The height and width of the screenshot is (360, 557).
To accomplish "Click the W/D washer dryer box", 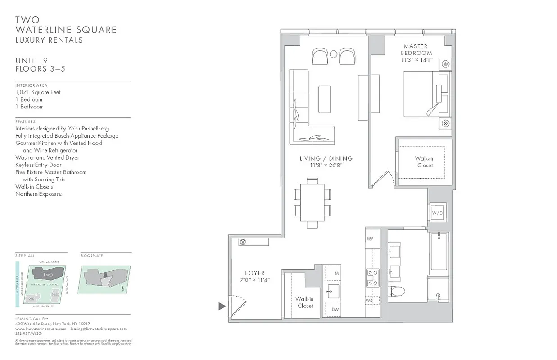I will tap(437, 212).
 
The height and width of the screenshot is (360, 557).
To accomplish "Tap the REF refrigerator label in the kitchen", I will tap(370, 239).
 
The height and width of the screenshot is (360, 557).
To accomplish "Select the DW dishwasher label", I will tap(335, 309).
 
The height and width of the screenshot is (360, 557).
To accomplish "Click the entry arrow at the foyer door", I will tap(222, 306).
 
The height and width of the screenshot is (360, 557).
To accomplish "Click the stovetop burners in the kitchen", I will tap(372, 277).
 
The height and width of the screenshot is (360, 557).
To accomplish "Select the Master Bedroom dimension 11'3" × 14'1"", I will tap(417, 60).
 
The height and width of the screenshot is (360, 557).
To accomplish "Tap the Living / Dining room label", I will tap(326, 158).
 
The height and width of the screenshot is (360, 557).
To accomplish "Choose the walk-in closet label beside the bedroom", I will tap(424, 162).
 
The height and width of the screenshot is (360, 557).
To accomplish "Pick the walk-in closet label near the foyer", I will tap(304, 302).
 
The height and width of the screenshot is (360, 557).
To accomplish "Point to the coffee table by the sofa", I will tap(324, 99).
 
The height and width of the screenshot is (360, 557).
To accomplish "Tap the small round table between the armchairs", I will tap(334, 55).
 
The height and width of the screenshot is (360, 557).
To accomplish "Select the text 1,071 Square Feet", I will tap(38, 92).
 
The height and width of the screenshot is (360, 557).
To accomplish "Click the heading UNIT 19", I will tap(32, 61).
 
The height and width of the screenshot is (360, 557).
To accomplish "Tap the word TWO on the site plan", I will tap(48, 274).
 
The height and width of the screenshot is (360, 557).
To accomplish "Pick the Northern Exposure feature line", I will tap(38, 194).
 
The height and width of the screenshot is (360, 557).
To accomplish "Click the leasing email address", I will tap(98, 329).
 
